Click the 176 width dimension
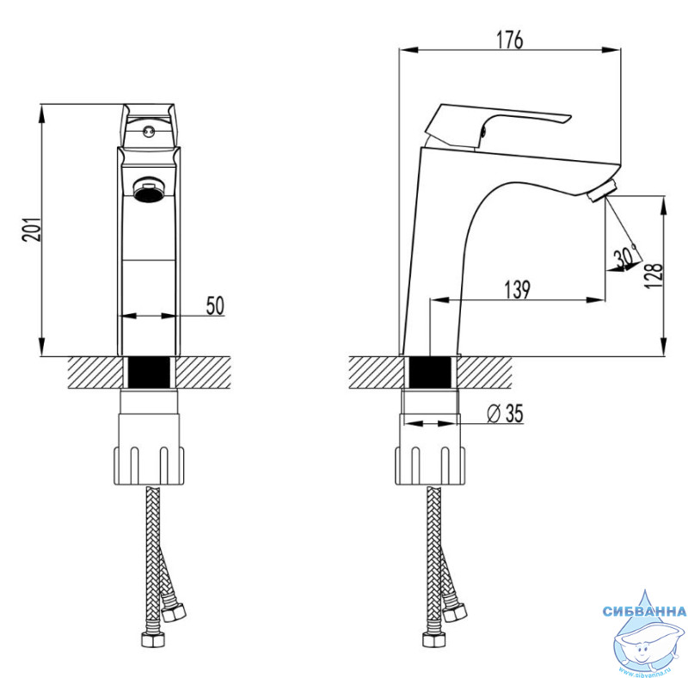point(510,40)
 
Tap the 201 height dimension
point(32,229)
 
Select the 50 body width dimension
point(215,305)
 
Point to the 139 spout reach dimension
point(518,289)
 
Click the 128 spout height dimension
point(654,274)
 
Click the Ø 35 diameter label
point(506,413)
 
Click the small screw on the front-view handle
point(148,131)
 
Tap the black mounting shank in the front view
point(149,373)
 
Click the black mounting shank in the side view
point(431,373)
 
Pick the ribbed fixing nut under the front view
point(149,465)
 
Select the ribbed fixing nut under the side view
point(429,465)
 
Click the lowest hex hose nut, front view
point(152,639)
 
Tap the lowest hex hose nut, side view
point(434,639)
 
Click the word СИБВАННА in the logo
point(644,611)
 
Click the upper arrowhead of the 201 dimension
point(41,113)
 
